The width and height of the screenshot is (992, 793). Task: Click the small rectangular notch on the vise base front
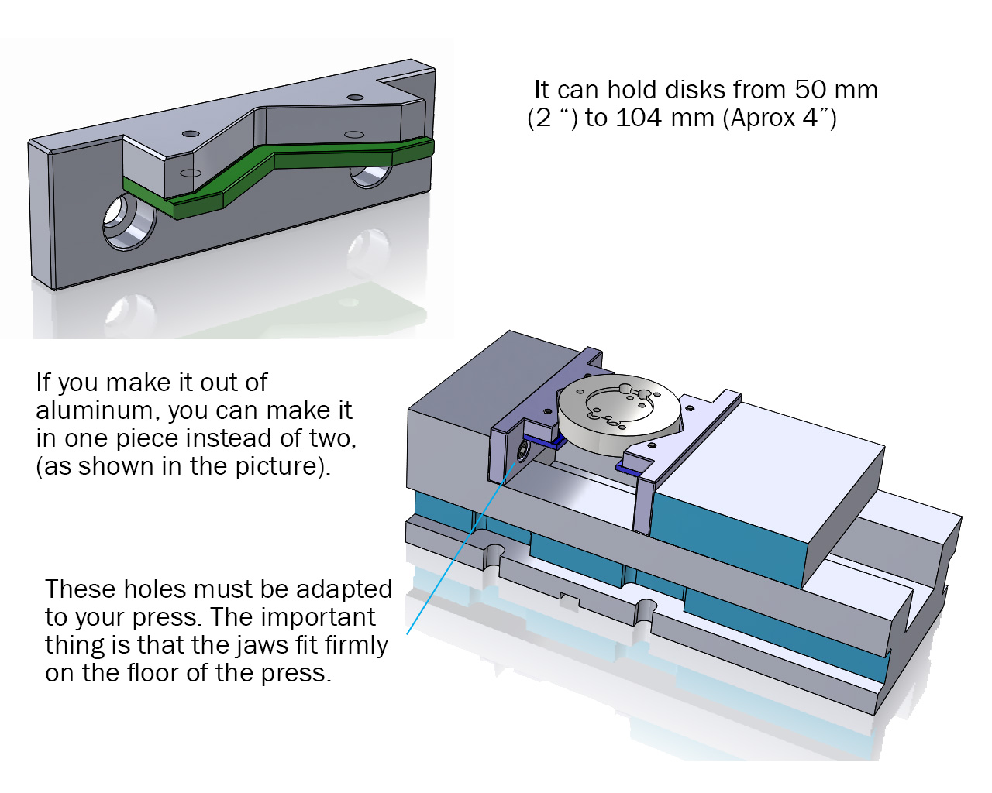570,600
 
